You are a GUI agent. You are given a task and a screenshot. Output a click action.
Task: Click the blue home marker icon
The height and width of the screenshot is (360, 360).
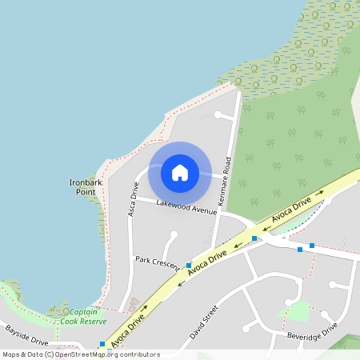point(180,173)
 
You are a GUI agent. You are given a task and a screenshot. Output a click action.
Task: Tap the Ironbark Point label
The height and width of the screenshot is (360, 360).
point(84,187)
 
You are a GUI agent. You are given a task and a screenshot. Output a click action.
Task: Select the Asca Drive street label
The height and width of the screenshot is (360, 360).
point(134,199)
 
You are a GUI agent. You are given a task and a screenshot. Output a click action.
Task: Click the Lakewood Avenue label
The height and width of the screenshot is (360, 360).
point(186,206)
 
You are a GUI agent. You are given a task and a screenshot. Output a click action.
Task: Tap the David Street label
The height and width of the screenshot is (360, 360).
point(204,320)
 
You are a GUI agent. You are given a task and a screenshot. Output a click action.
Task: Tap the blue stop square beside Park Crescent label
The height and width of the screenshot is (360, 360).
point(189,266)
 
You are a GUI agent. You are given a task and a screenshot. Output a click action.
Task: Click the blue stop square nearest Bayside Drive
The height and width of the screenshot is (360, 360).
point(102,344)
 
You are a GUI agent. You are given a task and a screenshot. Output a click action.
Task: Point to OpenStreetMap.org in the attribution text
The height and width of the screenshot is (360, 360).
point(94,354)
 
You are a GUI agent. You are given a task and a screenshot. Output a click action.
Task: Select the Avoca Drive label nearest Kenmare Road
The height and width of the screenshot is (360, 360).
point(290,210)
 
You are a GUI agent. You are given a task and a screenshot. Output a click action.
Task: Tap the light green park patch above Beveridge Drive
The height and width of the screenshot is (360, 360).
point(298,311)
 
